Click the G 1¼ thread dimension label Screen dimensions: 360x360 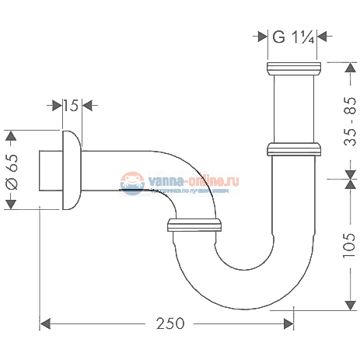pos(293,36)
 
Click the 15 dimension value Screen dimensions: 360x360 pos(70,105)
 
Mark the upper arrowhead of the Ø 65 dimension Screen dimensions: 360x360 pos(11,137)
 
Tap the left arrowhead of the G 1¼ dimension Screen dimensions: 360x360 pos(264,36)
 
